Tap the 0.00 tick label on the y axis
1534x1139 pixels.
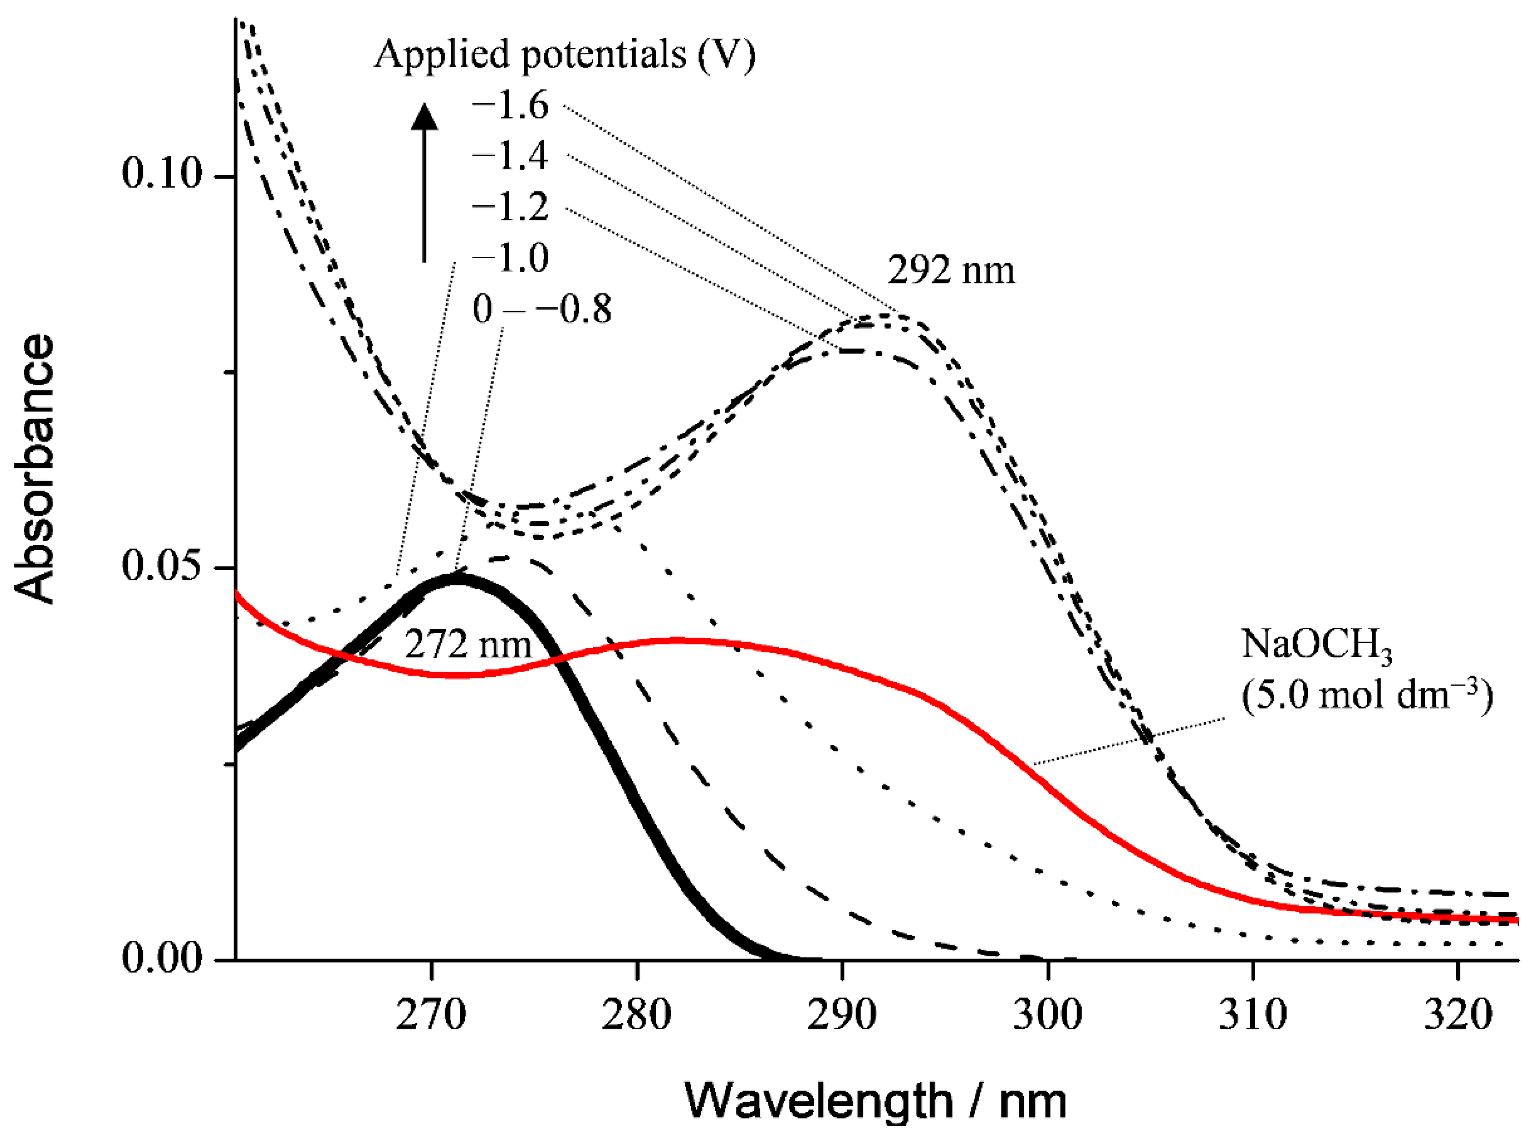162,958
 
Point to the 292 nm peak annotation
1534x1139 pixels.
951,270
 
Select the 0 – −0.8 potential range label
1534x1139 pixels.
541,310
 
